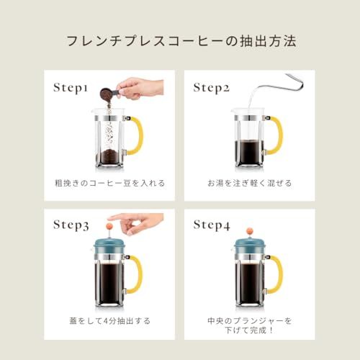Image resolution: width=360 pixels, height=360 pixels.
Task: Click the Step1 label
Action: coord(71,88)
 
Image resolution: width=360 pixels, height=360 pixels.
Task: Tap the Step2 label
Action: coord(212,88)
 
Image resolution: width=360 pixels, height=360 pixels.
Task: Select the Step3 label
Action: coord(71,225)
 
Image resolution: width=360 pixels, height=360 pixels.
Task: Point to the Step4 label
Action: coord(212,225)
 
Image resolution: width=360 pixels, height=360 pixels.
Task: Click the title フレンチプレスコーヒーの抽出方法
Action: coord(181,41)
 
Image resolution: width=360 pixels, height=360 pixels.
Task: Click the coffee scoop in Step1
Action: coord(109,93)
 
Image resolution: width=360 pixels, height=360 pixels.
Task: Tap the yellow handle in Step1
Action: coord(137,135)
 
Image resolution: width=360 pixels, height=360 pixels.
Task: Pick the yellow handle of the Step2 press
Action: coord(276,135)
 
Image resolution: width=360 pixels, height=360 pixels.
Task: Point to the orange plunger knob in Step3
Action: coord(109,226)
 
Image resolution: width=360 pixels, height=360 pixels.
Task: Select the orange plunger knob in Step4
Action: coord(250,231)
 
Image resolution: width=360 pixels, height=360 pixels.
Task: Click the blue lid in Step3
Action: coord(109,246)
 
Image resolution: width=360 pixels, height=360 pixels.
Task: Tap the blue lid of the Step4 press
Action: coord(250,246)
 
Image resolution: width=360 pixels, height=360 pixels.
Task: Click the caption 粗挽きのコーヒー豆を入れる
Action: coord(109,183)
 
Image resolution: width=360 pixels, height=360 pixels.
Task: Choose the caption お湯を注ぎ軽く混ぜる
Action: coord(250,183)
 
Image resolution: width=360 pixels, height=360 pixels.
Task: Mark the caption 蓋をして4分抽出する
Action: coord(109,321)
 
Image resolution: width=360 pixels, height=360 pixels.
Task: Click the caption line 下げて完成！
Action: coord(250,330)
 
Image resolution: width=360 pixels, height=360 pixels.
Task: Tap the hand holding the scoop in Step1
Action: coord(140,88)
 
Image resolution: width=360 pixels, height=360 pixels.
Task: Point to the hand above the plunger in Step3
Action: coord(137,222)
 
